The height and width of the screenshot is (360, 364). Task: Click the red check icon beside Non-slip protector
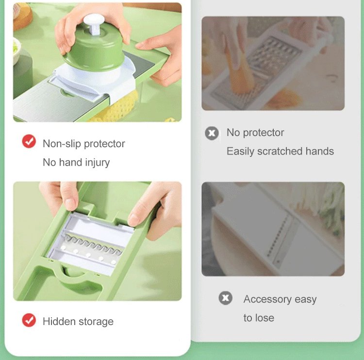coord(29,141)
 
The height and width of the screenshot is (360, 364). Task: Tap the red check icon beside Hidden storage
coord(29,320)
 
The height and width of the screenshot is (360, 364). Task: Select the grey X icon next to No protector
coord(212,133)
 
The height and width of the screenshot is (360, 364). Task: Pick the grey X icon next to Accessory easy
coord(225,298)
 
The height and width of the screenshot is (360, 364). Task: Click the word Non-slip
coord(62,144)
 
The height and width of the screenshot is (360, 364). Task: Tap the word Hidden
coord(59,322)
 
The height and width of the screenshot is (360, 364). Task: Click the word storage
coord(96,322)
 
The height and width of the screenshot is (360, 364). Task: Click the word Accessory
coord(267,299)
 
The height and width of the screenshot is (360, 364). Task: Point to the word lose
coord(265,318)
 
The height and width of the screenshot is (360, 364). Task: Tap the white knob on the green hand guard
coord(94,23)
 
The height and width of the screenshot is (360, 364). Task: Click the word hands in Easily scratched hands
coord(320,151)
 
